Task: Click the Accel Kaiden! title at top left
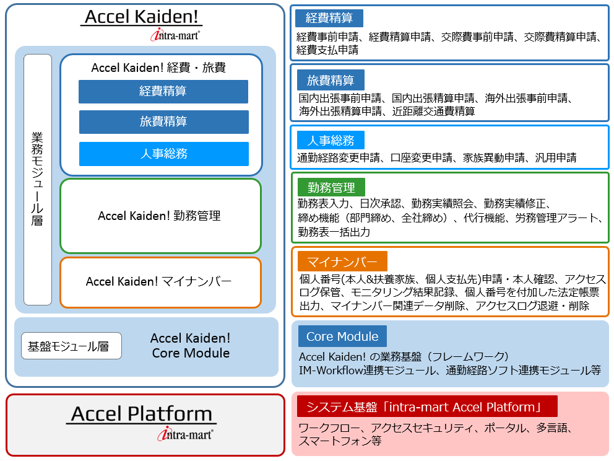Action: coord(142,17)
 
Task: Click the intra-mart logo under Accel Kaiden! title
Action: coord(175,35)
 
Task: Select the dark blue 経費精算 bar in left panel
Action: coord(163,92)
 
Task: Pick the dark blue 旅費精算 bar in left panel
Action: coord(163,122)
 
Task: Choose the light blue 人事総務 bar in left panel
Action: coord(163,154)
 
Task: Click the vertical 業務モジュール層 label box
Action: coord(38,180)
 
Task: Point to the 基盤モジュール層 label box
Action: coord(71,346)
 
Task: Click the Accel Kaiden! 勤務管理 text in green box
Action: coord(159,216)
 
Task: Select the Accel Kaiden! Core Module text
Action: coord(191,346)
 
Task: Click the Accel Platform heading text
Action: coord(142,413)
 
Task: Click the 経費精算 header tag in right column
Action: coord(329,17)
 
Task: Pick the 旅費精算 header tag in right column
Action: coord(330,80)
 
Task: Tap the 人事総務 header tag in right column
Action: coord(330,139)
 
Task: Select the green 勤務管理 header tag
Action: coord(331,188)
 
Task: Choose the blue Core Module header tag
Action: coord(342,336)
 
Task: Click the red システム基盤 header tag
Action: coord(427,406)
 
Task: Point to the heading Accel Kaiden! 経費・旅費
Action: coord(158,68)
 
